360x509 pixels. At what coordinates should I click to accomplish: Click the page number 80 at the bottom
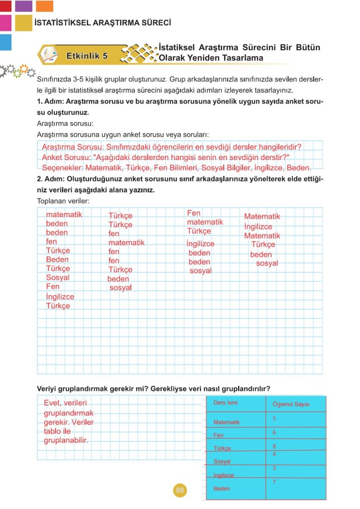180,491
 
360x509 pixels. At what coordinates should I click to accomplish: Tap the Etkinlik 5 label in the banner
87,56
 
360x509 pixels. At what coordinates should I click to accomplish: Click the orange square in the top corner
45,6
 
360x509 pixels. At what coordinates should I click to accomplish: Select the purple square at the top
24,6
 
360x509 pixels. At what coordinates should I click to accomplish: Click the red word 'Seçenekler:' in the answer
62,168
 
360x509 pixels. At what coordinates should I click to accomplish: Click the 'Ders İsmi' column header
225,402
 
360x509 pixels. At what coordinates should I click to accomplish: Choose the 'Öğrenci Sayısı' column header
291,404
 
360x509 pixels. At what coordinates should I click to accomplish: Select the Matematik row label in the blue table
226,423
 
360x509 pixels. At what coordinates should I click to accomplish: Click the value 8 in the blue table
274,446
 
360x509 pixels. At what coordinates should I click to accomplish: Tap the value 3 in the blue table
274,468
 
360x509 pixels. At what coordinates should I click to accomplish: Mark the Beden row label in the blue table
222,489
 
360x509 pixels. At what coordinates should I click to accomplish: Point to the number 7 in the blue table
274,482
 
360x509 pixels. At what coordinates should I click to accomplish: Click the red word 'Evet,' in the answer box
54,403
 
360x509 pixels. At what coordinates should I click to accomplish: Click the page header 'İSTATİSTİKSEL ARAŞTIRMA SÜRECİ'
103,23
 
